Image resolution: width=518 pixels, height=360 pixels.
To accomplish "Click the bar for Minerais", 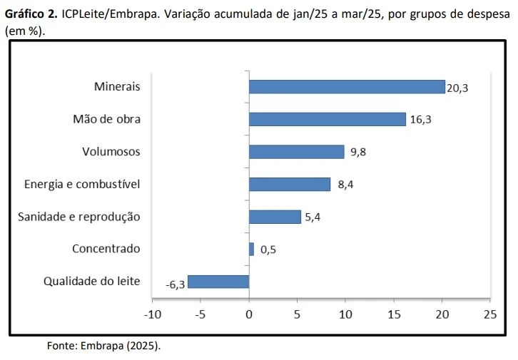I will pos(347,87).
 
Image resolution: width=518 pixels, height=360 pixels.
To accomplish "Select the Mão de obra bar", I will pos(327,119).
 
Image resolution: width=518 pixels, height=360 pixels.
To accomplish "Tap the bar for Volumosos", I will pos(296,152).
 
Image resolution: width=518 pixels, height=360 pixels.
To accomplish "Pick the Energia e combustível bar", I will pos(290,185).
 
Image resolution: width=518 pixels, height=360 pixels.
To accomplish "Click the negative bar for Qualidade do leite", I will pos(218,282).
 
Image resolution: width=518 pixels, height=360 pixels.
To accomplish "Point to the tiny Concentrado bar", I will pos(251,249).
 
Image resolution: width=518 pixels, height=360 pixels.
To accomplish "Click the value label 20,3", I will pos(457,88).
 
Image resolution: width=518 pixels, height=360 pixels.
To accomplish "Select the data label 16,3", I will pos(421,120).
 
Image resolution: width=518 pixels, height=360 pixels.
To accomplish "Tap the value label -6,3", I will pos(175,284).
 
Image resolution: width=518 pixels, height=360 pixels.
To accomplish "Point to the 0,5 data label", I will pos(268,250).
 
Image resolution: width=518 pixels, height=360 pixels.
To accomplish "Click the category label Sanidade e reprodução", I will pos(79,217).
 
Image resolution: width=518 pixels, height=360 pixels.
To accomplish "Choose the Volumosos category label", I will pos(111,152).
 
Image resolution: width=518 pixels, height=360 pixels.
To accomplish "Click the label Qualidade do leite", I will pos(92,281).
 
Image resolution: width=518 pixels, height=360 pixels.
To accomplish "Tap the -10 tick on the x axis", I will pos(152,313).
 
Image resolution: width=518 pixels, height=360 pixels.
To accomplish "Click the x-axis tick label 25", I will pos(490,313).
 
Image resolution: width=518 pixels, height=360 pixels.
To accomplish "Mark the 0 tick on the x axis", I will pos(249,313).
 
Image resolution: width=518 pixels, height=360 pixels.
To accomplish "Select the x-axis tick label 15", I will pos(394,313).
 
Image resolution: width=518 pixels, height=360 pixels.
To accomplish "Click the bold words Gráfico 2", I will pos(31,15).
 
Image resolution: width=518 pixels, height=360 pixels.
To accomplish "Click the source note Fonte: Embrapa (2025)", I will pos(104,346).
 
